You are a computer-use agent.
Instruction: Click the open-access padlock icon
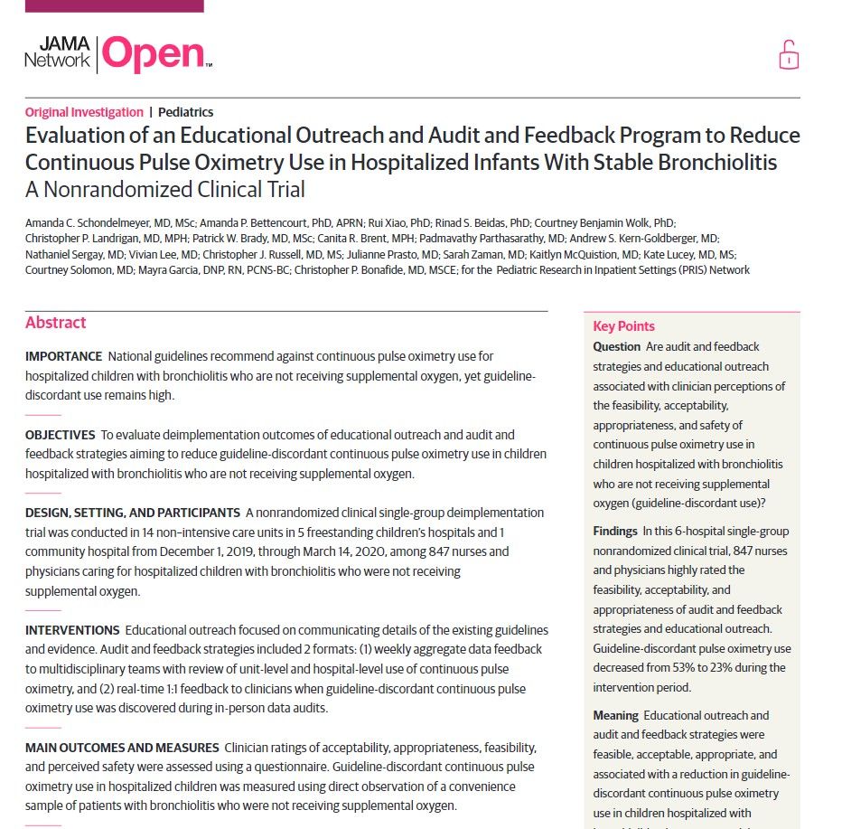coord(789,55)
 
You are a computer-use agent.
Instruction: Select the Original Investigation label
coord(84,112)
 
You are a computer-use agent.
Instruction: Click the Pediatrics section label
coord(185,112)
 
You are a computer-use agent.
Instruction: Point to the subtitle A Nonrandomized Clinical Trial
coord(164,190)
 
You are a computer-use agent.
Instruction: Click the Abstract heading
coord(55,323)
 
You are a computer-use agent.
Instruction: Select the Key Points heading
coord(623,326)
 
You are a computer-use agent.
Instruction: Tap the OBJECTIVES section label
coord(60,435)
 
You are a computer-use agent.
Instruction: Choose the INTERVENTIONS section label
coord(72,629)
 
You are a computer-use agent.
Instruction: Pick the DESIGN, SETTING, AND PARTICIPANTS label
coord(132,513)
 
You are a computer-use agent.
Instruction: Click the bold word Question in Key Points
coord(616,347)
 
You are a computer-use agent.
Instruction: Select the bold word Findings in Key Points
coord(615,531)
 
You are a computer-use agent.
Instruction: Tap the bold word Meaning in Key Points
coord(615,715)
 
